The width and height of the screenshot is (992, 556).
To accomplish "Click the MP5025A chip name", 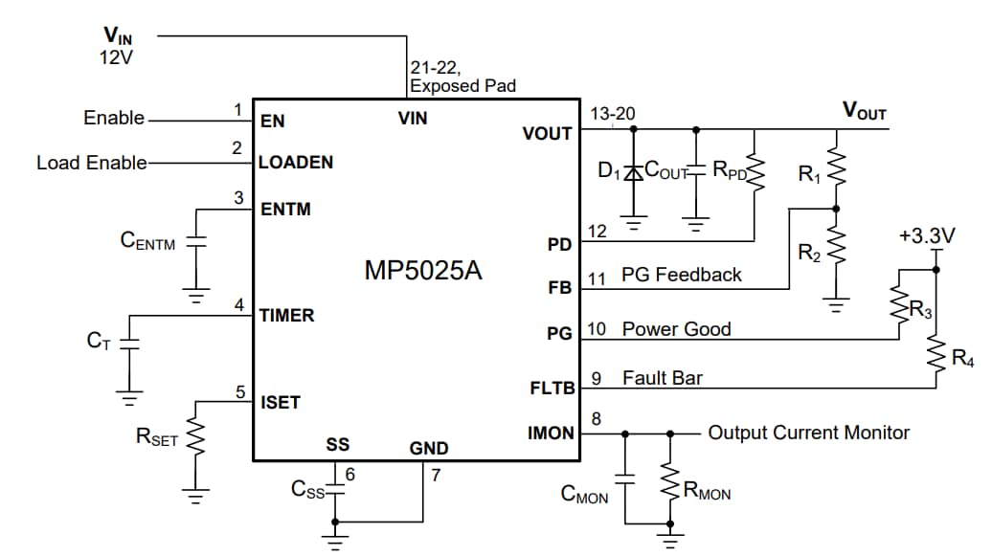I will tap(422, 271).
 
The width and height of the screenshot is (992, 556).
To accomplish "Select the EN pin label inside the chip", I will tap(273, 122).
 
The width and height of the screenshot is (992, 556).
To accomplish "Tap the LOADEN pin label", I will tap(296, 163).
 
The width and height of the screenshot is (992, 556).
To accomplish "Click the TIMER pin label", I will tap(286, 315).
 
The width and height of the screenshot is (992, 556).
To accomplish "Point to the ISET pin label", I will tap(280, 403).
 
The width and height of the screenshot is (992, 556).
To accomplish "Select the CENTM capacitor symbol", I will tap(197, 241).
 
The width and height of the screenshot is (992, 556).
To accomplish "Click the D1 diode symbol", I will tap(633, 173).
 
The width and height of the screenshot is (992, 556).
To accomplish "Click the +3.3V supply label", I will tap(927, 234).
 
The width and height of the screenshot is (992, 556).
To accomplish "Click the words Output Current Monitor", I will tap(808, 433).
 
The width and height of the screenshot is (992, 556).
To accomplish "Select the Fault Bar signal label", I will tap(662, 378).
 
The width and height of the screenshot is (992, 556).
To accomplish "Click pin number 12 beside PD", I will tap(597, 231).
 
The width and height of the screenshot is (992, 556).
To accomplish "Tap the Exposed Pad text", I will tap(462, 86).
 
